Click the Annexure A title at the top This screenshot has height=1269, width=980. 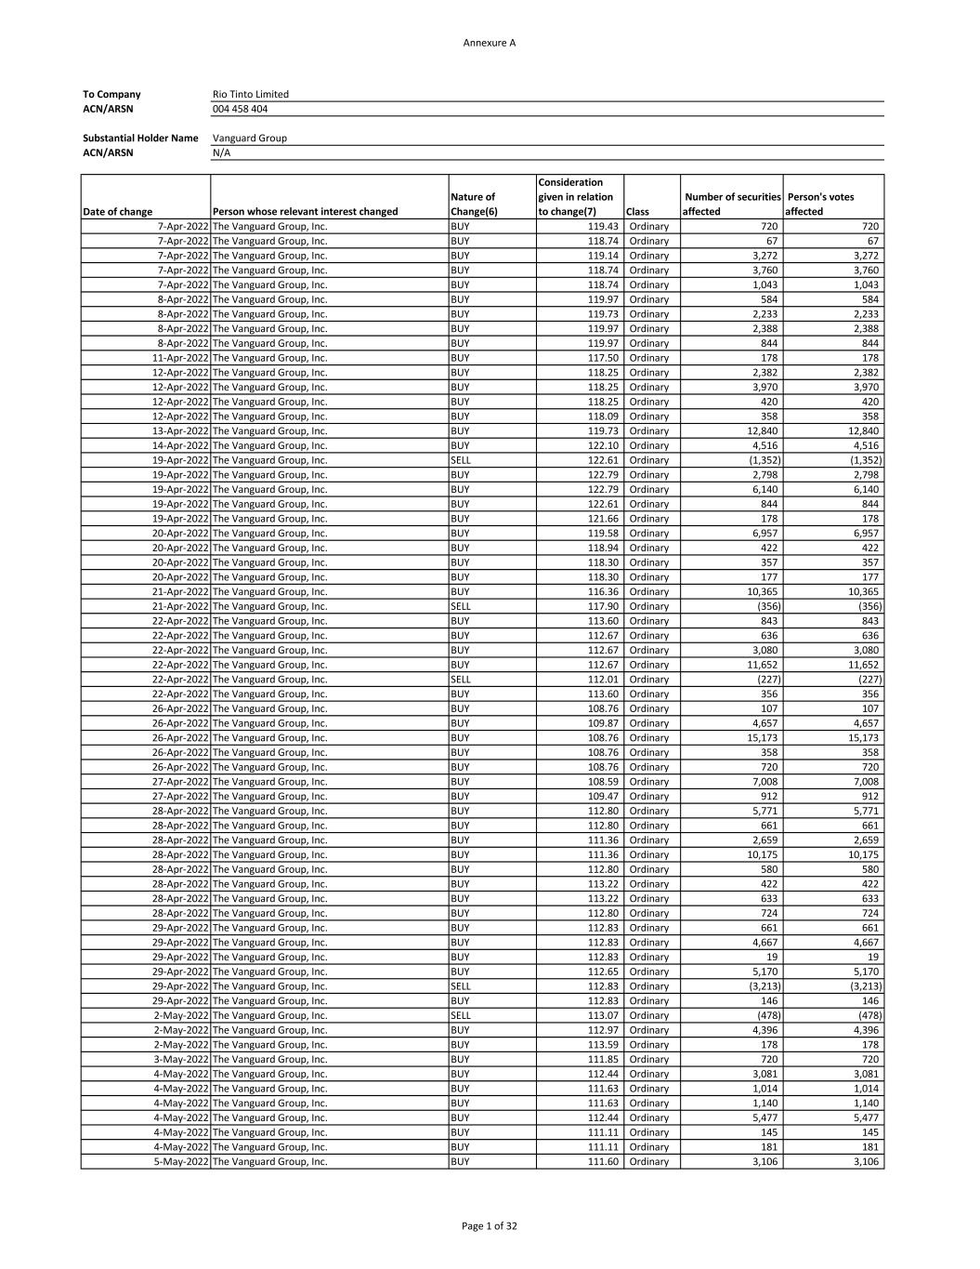point(489,43)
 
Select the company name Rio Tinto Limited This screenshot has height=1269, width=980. point(251,94)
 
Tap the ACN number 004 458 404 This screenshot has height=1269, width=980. point(240,109)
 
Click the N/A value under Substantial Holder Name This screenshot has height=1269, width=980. point(221,152)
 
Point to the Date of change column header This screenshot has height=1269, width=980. point(118,212)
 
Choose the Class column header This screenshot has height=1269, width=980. point(638,212)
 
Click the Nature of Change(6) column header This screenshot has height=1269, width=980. point(474,204)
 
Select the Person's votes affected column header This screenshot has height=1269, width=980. point(820,204)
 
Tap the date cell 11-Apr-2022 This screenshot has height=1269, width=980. point(180,358)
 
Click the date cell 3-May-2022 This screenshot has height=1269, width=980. point(181,1060)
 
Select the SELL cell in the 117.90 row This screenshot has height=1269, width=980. point(461,606)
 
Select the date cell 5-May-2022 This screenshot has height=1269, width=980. point(181,1162)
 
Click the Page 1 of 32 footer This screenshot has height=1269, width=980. point(490,1226)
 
